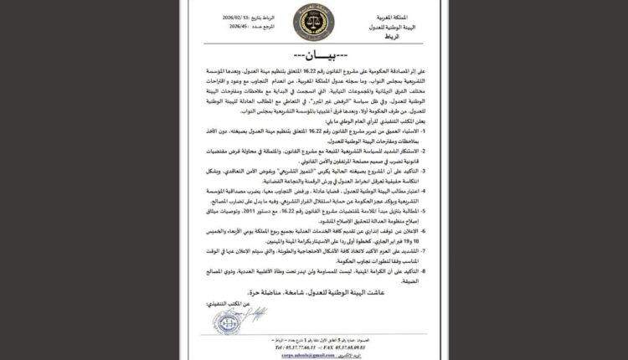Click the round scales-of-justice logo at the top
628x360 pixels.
(314, 27)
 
